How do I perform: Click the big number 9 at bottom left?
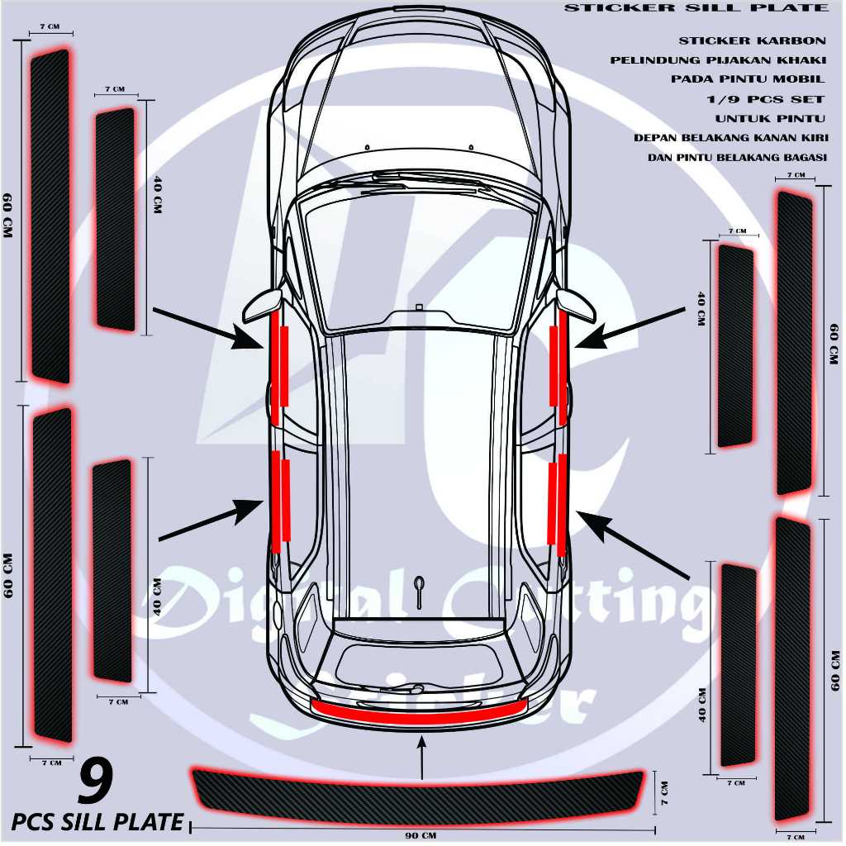tap(96, 784)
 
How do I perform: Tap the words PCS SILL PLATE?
tap(97, 822)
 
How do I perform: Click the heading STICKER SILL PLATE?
tap(695, 8)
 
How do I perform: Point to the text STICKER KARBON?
tap(752, 40)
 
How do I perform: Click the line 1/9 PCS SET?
tap(760, 99)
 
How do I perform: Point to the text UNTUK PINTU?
tap(770, 119)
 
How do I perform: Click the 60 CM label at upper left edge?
tap(7, 216)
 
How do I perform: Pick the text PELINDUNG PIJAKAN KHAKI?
tap(718, 60)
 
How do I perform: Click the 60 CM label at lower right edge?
tap(835, 669)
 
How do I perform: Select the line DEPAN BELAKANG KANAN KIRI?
tap(730, 138)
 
